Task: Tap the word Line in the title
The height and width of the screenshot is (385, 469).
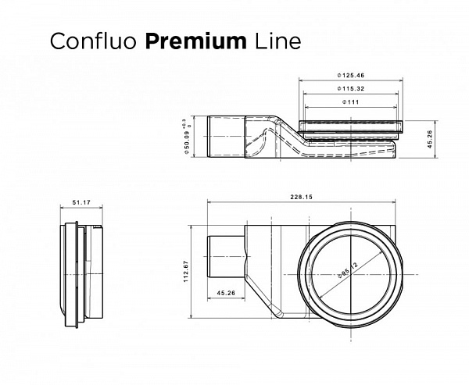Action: [x=273, y=41]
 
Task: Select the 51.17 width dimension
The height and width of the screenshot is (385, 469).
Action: [x=81, y=203]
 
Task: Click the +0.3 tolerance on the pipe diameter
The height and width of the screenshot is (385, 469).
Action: [x=183, y=125]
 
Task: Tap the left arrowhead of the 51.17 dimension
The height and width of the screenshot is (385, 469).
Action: [x=63, y=208]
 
